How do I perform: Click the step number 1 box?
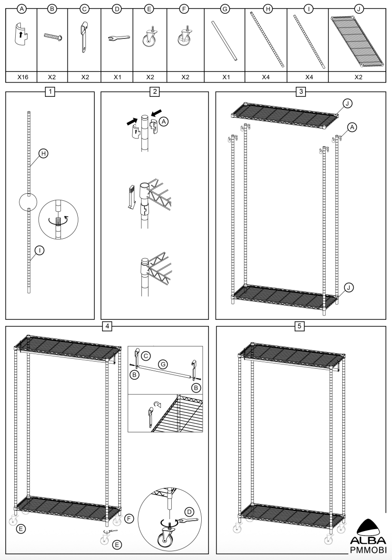[x=50, y=92]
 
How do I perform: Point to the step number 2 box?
[x=154, y=92]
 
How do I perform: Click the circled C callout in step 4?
[x=147, y=354]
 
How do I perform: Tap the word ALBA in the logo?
[x=368, y=541]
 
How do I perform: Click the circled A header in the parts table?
[x=21, y=8]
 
